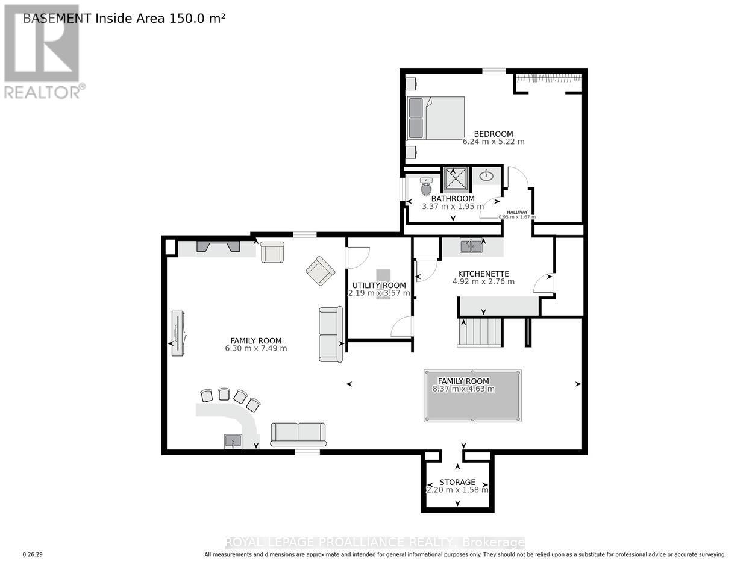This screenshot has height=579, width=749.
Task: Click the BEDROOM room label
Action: coord(493,134)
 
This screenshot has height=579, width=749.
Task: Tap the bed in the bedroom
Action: coord(436,118)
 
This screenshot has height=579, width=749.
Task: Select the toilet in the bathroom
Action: coord(427,187)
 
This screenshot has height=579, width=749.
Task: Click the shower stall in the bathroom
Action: coord(457,179)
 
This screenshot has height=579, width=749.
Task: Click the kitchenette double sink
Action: coord(471,246)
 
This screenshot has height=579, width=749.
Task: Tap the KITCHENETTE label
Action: coord(483,273)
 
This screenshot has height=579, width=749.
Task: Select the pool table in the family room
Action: coord(472,395)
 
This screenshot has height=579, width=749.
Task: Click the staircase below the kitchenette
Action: coord(480,332)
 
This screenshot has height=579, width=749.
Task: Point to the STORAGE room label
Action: coord(457,482)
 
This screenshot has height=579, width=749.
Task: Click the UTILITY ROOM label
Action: coord(379,285)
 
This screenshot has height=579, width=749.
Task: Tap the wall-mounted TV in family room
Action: coord(178,333)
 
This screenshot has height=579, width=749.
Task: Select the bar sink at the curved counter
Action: coord(233,442)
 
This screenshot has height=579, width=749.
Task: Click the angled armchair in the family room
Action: coord(320,271)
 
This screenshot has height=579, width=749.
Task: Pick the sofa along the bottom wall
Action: coord(298,434)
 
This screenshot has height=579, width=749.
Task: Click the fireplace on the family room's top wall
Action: coord(218,246)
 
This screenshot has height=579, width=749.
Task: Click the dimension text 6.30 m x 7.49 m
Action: coord(256,348)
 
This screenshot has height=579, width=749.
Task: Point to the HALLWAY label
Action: coord(516,212)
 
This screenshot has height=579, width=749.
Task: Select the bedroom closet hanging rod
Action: coord(548,77)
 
